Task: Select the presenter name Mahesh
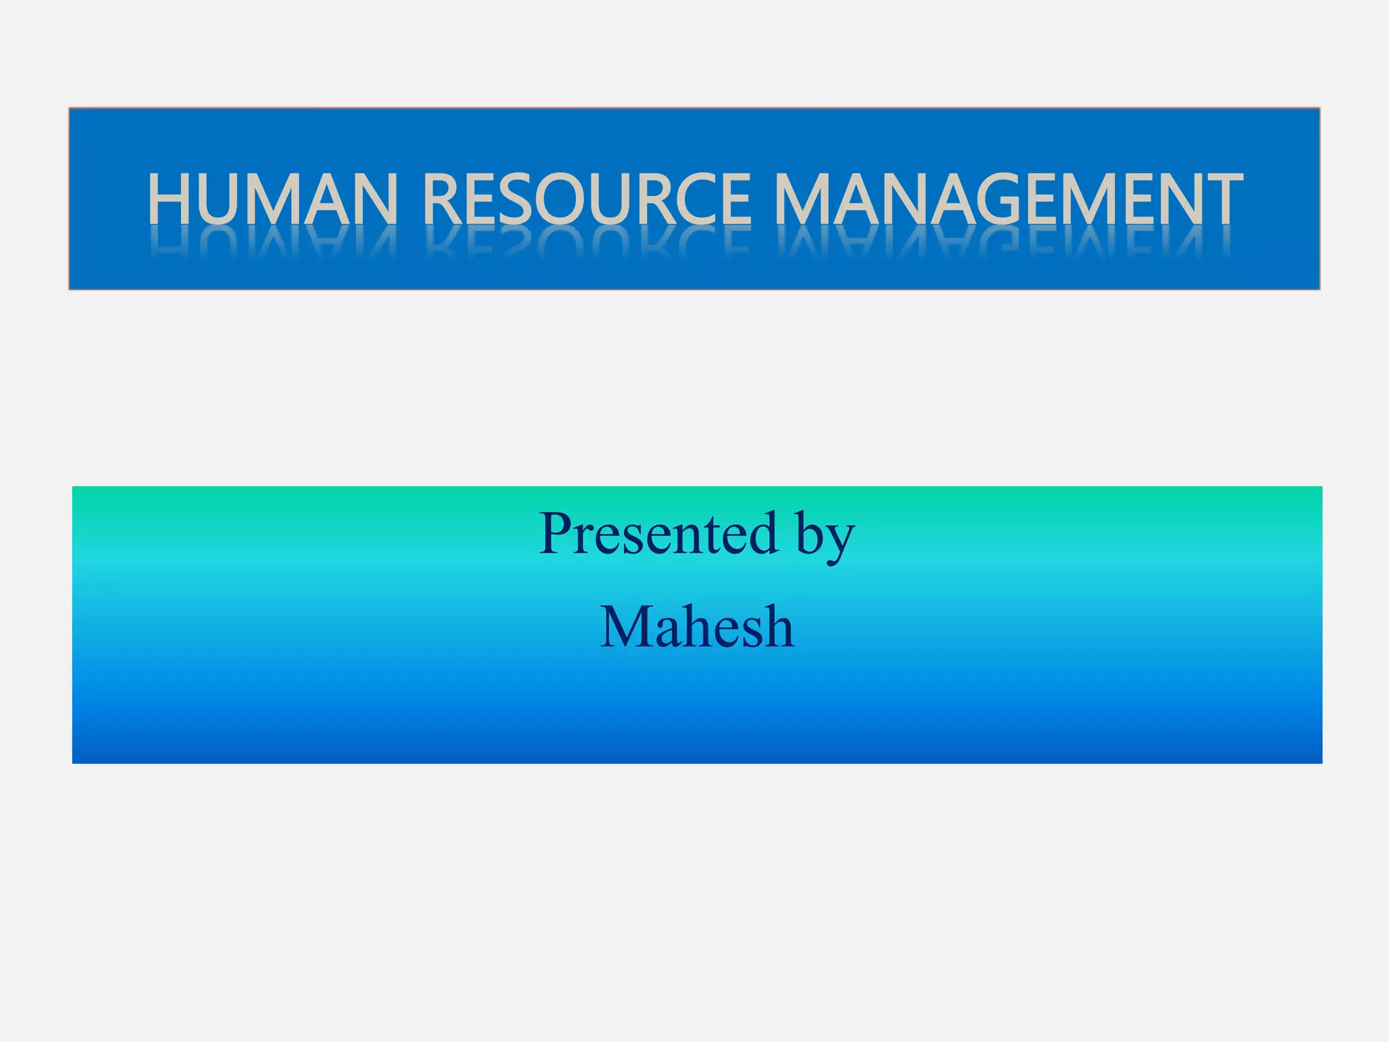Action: [x=697, y=628]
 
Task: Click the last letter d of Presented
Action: [x=762, y=534]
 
